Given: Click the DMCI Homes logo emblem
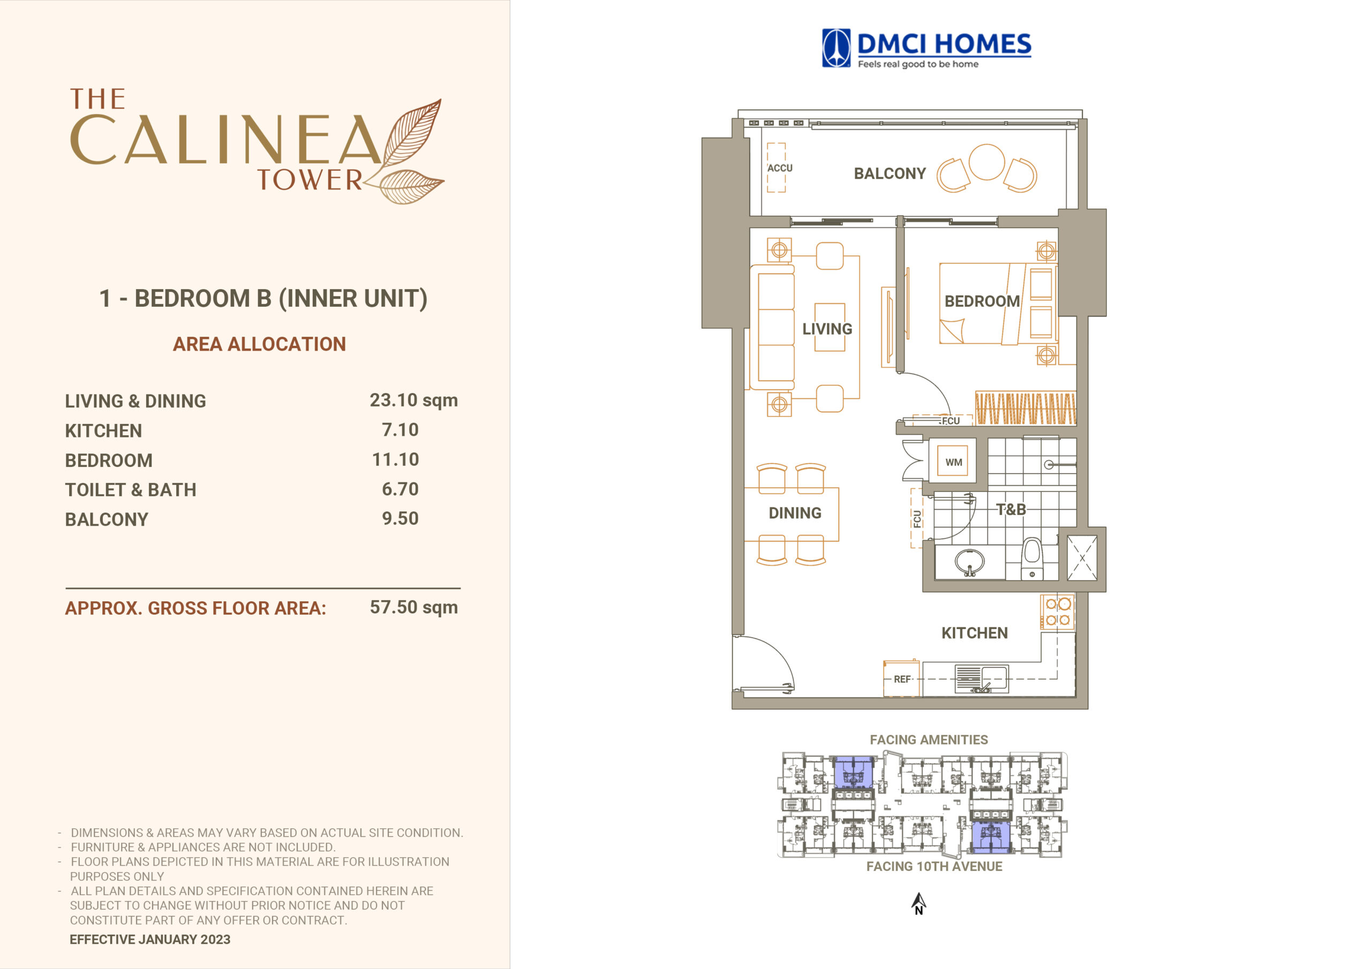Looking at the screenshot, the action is point(836,48).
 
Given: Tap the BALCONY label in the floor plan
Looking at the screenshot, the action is point(890,174).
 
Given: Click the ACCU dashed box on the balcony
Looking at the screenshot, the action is point(776,168).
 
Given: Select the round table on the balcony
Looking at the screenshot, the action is point(986,162).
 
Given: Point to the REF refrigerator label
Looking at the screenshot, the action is point(902,679).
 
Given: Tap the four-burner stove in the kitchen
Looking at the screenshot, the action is point(1058,612).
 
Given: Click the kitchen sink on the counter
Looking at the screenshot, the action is point(981,679).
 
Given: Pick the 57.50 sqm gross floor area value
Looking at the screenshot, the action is point(414,607).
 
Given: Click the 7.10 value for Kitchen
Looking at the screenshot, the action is point(400,430).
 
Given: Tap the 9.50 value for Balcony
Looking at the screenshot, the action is point(400,519).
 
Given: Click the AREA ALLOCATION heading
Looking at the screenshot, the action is point(259,344).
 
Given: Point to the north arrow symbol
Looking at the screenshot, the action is point(919,903).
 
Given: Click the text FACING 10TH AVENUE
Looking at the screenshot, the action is point(934,866).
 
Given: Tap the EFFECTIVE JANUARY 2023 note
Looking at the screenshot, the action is point(150,940).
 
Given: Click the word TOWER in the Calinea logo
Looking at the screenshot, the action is point(310,180).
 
